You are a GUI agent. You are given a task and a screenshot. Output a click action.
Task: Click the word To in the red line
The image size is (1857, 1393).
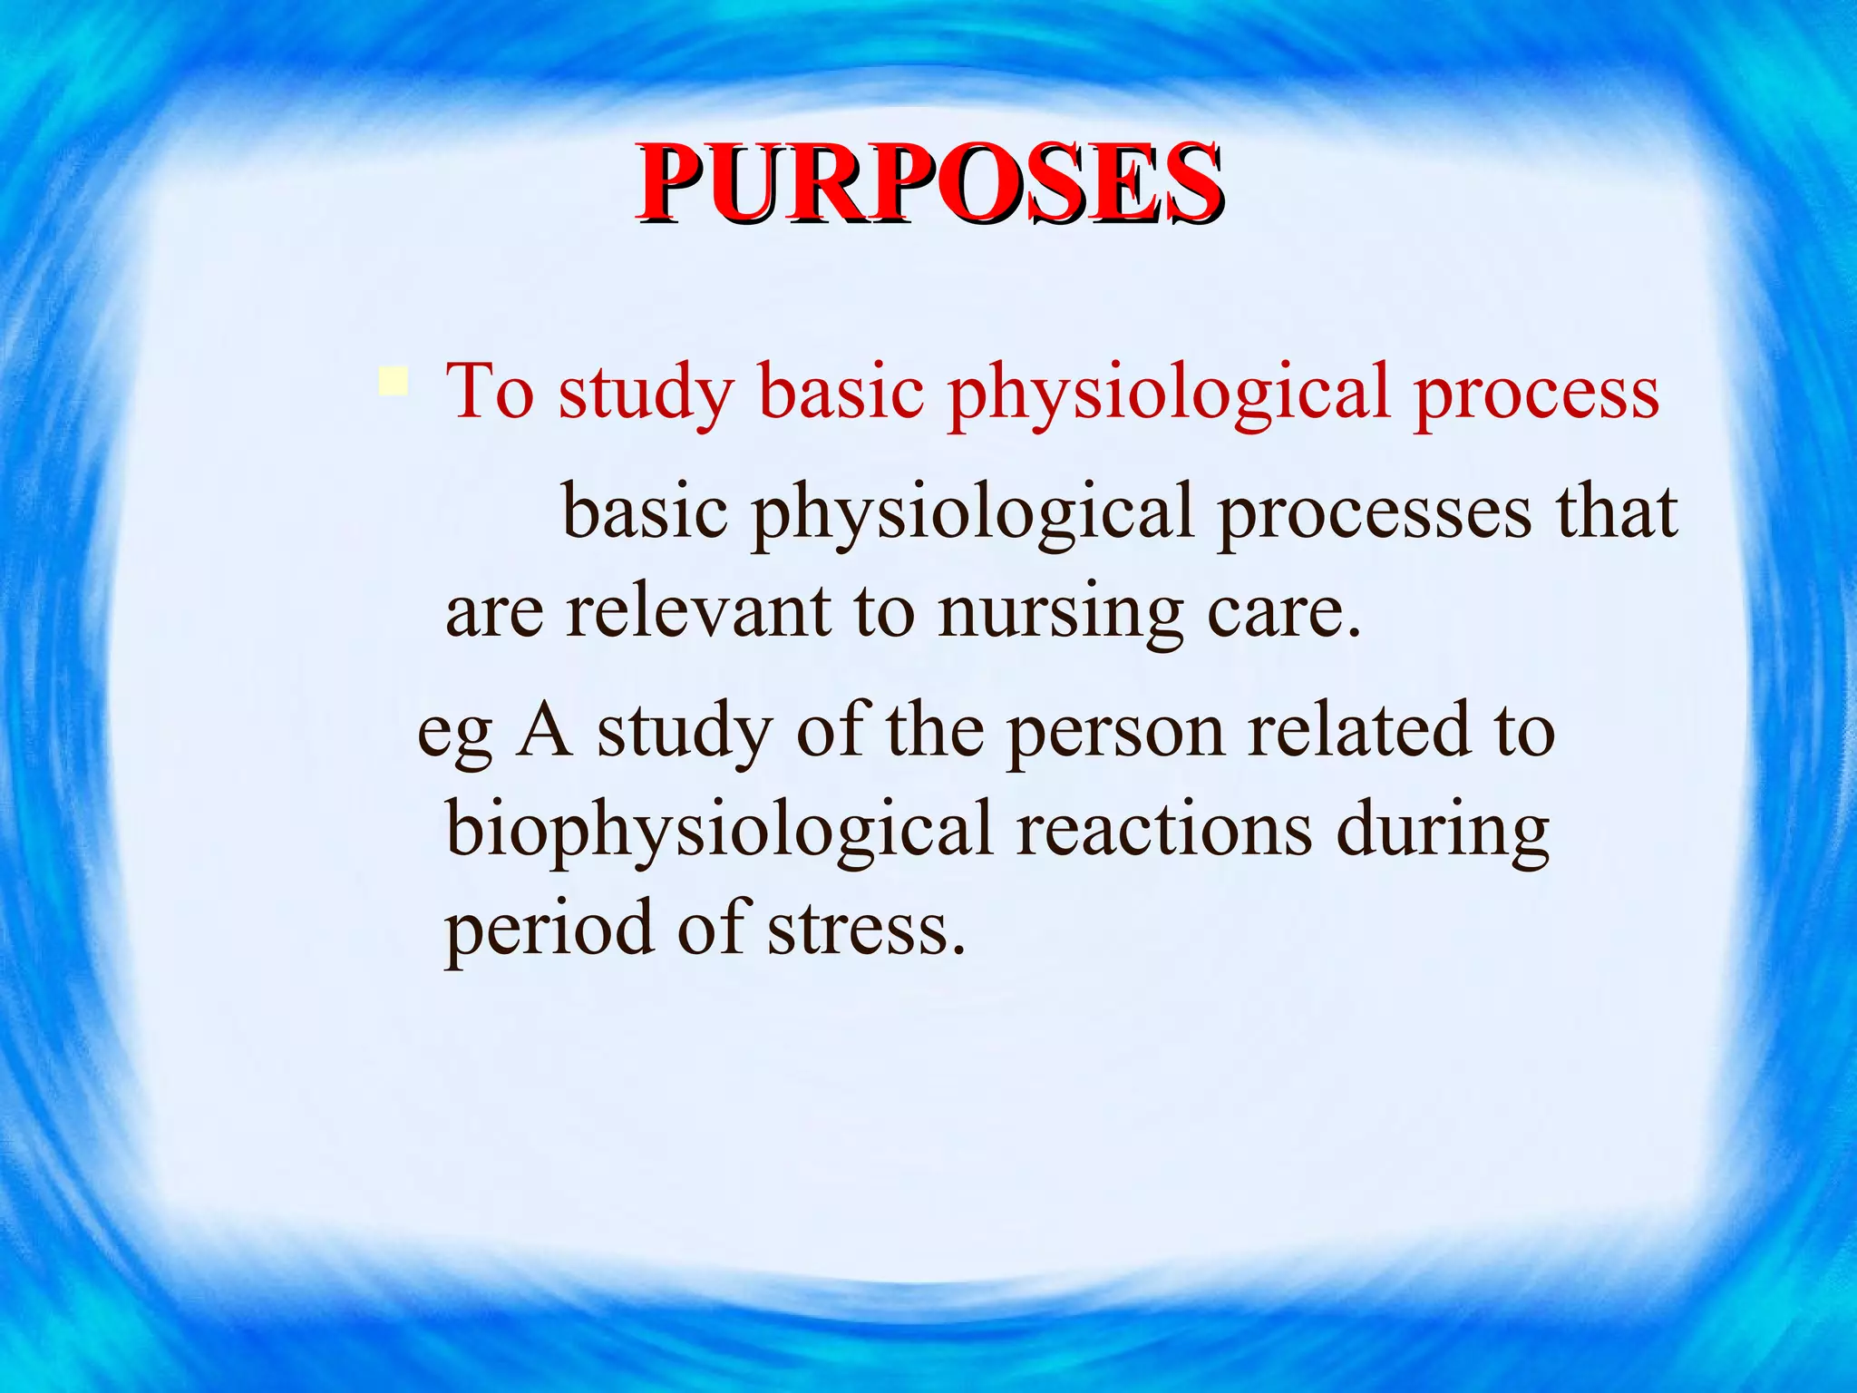(490, 392)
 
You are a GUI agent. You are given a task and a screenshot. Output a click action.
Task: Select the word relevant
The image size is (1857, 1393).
(698, 610)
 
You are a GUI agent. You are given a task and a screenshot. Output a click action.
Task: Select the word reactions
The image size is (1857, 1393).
(1163, 830)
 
